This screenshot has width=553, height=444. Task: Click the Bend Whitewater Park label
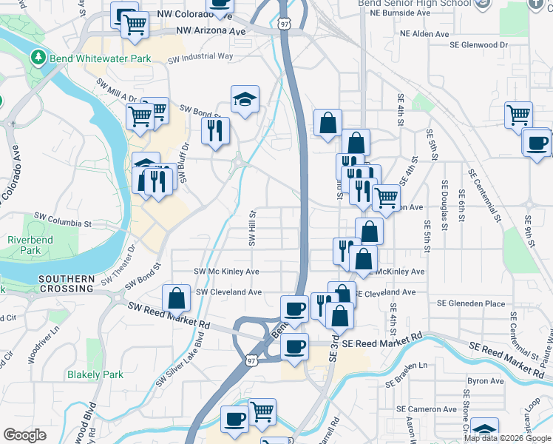tap(101, 58)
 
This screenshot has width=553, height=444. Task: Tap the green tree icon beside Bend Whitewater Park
tap(38, 57)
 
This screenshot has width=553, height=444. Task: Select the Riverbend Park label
tap(24, 245)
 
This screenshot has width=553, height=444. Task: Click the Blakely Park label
tap(95, 374)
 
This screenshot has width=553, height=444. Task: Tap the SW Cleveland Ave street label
tap(228, 292)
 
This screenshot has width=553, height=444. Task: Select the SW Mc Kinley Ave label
tap(226, 272)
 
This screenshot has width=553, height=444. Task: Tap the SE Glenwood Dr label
tap(480, 44)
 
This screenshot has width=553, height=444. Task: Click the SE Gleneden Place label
tap(471, 303)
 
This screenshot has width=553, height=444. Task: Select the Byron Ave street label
tap(485, 381)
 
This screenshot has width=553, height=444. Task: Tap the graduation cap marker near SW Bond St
tap(244, 100)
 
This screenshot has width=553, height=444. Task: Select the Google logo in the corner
tap(24, 435)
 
